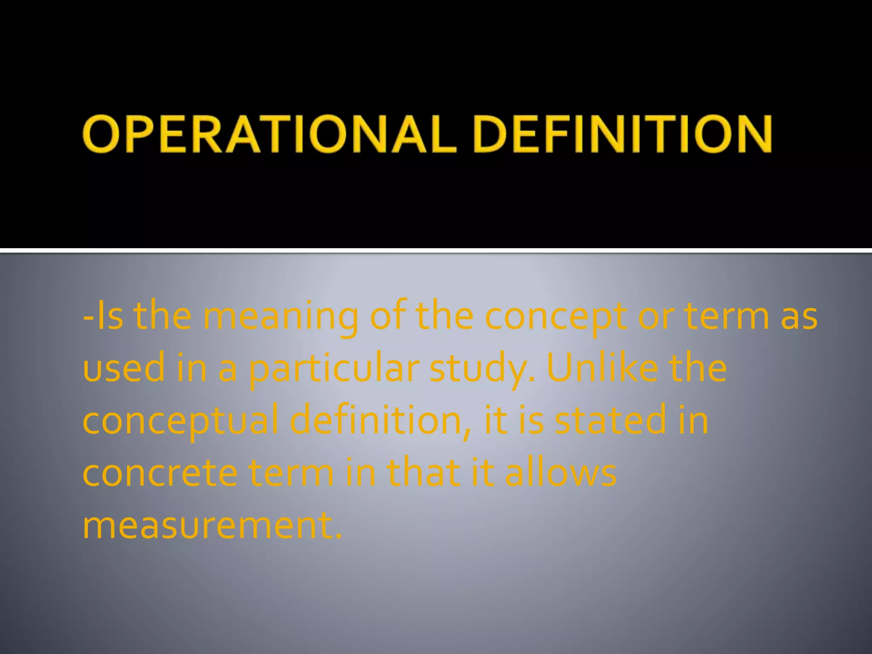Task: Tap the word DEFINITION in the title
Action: [x=622, y=134]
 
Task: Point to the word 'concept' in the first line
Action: [x=555, y=318]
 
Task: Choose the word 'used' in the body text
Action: [x=123, y=369]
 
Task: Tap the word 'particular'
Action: [x=334, y=369]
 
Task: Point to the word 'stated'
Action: [x=610, y=421]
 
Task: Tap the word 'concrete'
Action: [x=160, y=473]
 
